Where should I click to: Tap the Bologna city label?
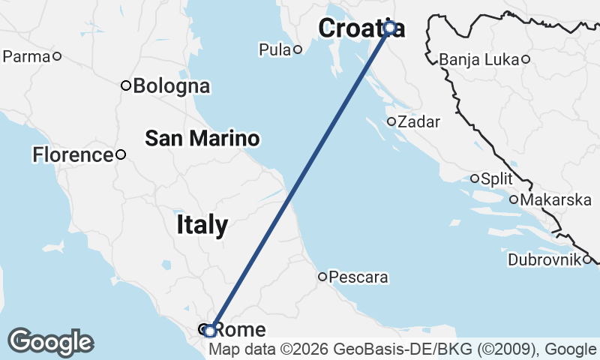tap(171, 85)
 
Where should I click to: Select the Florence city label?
tap(72, 155)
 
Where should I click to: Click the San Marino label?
tap(202, 138)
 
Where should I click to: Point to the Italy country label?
tap(202, 224)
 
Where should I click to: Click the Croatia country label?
tap(360, 28)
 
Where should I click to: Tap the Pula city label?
tap(274, 50)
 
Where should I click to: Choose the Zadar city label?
tap(418, 121)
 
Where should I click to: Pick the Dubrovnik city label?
tap(544, 260)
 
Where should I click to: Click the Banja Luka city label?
tap(480, 59)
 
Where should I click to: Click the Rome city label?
tap(240, 330)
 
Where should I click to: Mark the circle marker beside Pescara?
tap(322, 277)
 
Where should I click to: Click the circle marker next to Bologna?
tap(126, 85)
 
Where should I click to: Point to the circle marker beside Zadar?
tap(391, 121)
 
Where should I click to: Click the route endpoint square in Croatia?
tap(390, 28)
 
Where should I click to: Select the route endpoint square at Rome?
tap(211, 330)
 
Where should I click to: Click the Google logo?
tap(50, 342)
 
